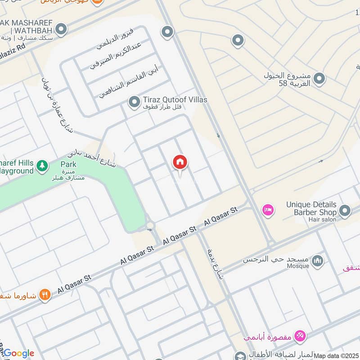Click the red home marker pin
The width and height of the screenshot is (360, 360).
(180, 162)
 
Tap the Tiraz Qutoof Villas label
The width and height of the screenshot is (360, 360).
(175, 99)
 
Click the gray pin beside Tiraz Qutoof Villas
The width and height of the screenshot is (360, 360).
(134, 103)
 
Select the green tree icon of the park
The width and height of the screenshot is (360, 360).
(42, 166)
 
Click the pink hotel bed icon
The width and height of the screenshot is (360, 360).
(268, 210)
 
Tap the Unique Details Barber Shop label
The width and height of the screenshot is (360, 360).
(311, 208)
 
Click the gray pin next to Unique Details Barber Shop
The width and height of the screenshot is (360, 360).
(345, 211)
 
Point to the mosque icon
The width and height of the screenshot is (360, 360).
(318, 261)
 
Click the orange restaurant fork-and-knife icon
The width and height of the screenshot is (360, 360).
(45, 295)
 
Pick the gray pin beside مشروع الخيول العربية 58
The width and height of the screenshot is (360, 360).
(319, 79)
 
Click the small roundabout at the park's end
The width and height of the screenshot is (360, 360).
(150, 225)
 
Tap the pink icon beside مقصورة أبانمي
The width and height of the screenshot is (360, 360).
(300, 335)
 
